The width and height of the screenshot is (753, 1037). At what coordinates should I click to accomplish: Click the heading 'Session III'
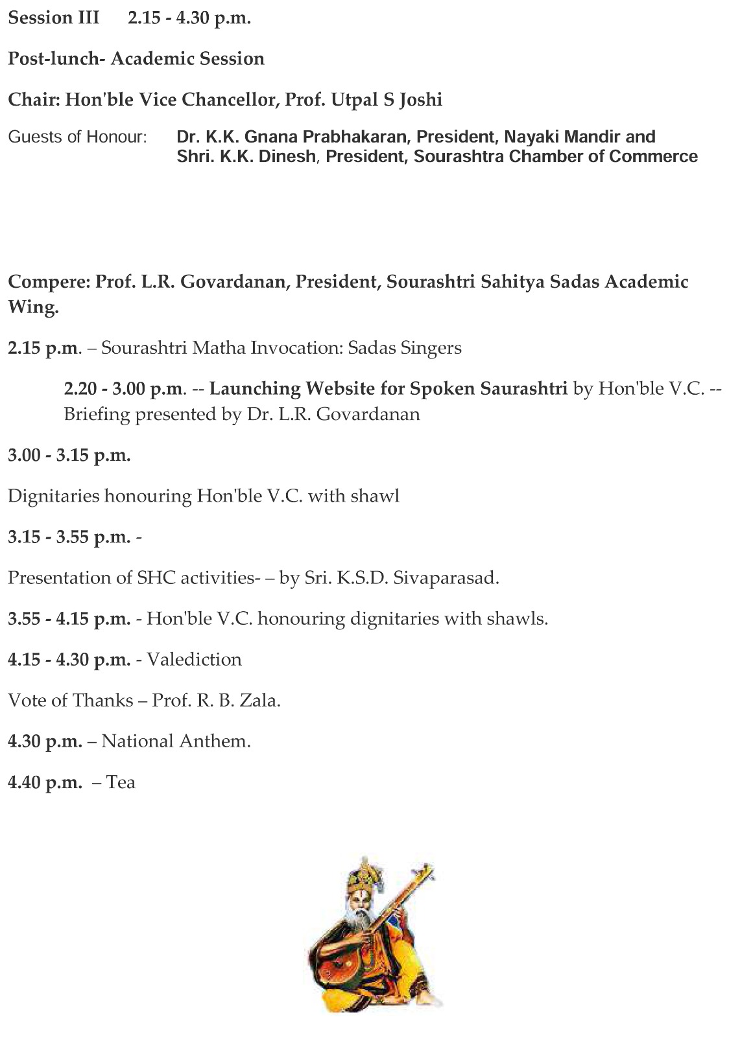pyautogui.click(x=53, y=18)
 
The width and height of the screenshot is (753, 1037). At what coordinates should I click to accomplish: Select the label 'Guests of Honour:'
pyautogui.click(x=78, y=137)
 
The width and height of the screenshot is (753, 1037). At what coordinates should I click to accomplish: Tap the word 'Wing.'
pyautogui.click(x=32, y=307)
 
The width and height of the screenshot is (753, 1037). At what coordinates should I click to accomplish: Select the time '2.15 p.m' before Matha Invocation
pyautogui.click(x=43, y=349)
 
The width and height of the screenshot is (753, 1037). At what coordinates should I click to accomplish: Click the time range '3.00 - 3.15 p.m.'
pyautogui.click(x=69, y=456)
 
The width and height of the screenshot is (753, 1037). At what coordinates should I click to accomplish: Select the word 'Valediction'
pyautogui.click(x=194, y=660)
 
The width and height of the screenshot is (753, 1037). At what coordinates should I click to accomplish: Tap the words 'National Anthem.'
pyautogui.click(x=176, y=741)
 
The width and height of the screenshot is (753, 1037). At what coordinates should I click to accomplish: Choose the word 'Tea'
pyautogui.click(x=121, y=782)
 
